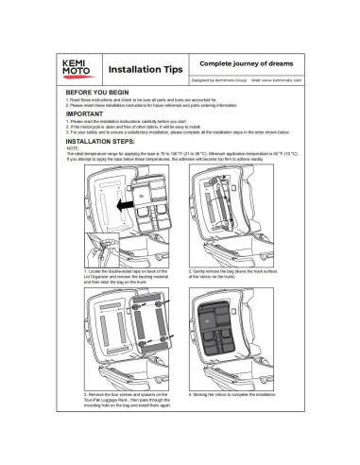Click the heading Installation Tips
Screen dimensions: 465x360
[x=140, y=70]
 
